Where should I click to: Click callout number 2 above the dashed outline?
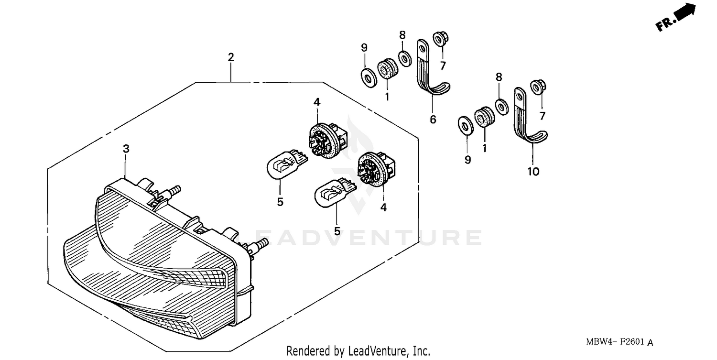click(231, 57)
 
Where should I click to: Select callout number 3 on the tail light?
click(126, 149)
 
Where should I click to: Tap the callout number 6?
click(433, 120)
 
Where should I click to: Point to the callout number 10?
click(533, 171)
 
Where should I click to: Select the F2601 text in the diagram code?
click(633, 342)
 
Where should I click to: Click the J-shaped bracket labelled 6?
click(429, 72)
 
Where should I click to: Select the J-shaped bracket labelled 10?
click(526, 120)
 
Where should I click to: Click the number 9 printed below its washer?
click(467, 160)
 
